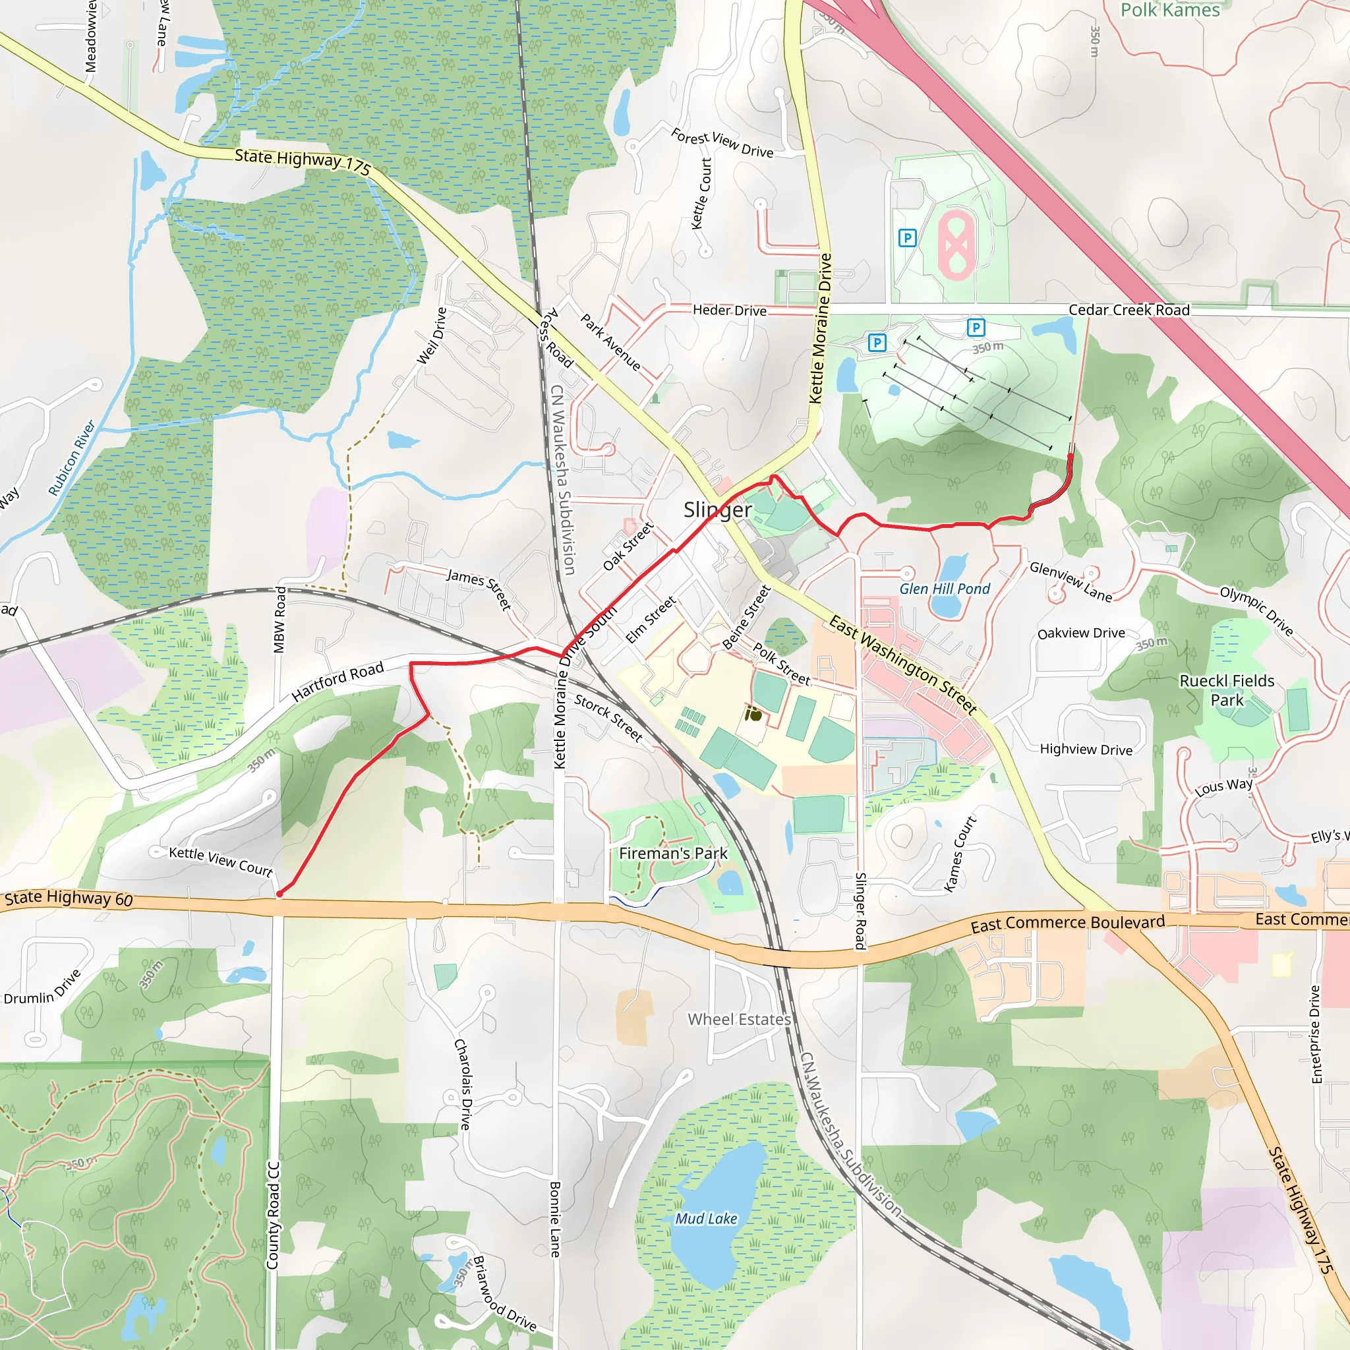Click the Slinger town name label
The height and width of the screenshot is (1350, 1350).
[718, 510]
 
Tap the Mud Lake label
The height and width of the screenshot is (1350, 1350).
[706, 1219]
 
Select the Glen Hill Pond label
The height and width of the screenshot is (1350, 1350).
[945, 589]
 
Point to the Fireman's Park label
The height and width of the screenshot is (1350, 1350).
[673, 853]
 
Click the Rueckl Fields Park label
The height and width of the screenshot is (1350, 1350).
[1227, 690]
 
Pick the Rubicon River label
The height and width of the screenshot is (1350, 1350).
[71, 457]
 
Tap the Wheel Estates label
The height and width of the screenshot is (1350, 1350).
[740, 1020]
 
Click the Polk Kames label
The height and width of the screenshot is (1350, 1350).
[1171, 10]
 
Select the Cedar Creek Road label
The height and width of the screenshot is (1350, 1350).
[1129, 310]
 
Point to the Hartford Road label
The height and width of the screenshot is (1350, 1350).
[337, 680]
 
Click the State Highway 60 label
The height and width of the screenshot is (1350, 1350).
[69, 898]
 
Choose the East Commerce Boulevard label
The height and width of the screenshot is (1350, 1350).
[1068, 923]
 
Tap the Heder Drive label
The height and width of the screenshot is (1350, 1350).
[730, 310]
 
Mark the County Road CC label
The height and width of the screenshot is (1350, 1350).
[273, 1215]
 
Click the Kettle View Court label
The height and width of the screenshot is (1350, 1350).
[221, 861]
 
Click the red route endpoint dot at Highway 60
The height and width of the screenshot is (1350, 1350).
[279, 894]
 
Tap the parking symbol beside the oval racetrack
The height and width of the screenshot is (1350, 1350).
[907, 238]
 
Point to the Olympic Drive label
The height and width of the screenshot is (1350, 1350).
[1256, 610]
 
